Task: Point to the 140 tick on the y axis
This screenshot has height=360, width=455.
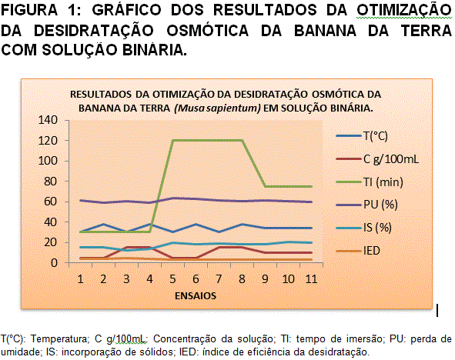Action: pos(48,120)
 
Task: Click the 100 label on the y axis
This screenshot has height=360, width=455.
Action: pos(48,161)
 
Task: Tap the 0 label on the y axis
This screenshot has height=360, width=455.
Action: pos(54,263)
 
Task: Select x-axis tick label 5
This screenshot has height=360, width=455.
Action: pos(172,278)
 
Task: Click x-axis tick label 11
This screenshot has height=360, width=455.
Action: pos(311,278)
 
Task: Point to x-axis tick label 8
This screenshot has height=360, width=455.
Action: pos(242,278)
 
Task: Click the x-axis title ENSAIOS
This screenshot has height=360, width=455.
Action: pos(196,295)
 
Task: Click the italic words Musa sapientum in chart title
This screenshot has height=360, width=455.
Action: pos(217,108)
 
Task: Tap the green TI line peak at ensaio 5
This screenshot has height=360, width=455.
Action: pos(172,140)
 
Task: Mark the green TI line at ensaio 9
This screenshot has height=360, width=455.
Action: pos(265,186)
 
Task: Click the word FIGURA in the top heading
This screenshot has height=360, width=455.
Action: pos(29,10)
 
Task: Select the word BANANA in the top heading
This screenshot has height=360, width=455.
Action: pos(325,31)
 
